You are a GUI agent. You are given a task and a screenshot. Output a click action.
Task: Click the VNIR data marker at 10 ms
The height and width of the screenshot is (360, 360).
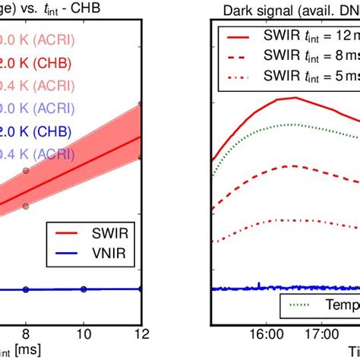[x=84, y=289]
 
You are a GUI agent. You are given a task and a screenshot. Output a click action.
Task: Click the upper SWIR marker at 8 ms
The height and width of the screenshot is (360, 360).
[x=25, y=171]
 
